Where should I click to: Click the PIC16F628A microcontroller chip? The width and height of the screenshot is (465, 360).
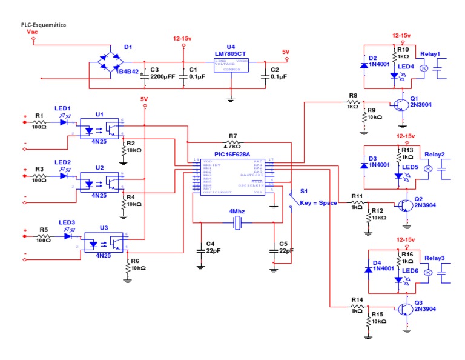point(232,176)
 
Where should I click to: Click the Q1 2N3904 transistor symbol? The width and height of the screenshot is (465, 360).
point(401,104)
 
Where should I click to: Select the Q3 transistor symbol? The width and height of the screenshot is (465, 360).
point(404,308)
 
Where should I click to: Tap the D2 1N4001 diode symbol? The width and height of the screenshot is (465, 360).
point(363,64)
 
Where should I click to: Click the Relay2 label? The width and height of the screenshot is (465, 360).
point(434,155)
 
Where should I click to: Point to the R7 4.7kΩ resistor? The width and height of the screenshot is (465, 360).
point(232,141)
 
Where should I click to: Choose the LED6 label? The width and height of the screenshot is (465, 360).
point(410,270)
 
